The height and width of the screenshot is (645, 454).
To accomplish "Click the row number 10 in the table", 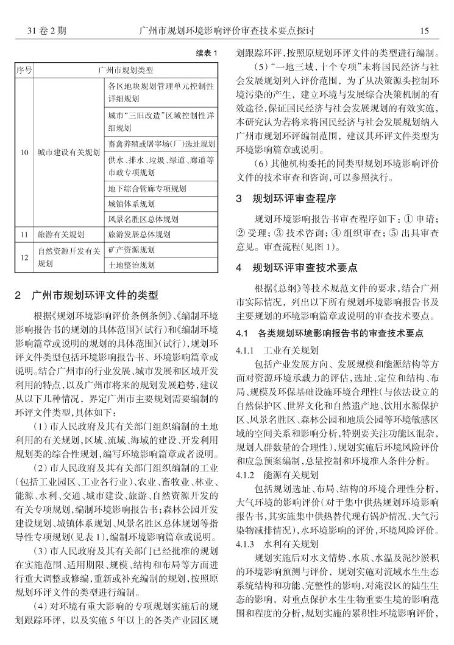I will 24,152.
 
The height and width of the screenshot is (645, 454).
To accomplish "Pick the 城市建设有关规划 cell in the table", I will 68,152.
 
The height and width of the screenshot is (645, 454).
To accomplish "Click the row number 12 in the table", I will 24,257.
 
